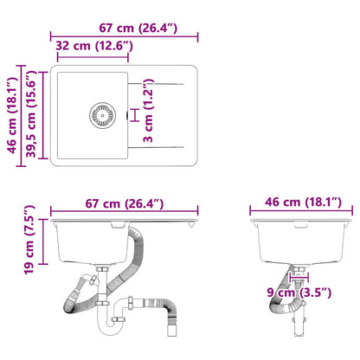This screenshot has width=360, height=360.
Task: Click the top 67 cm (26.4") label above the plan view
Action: (125, 29)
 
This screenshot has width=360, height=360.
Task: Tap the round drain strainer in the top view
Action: (102, 113)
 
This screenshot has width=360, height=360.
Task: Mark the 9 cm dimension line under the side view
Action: (298, 280)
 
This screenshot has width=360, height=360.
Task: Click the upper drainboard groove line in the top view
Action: (160, 84)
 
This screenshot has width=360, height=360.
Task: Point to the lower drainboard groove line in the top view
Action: (160, 145)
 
